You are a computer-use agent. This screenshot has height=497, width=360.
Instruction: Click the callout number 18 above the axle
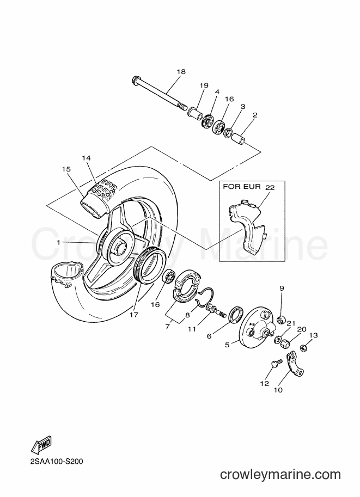181,72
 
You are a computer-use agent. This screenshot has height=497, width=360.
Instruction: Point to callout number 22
270,187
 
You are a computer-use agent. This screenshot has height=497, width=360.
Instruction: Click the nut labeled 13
304,348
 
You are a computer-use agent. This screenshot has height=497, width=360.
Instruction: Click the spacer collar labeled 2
240,139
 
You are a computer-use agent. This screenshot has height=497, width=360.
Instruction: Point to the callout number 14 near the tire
86,158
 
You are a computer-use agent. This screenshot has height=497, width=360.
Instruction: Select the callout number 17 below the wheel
134,315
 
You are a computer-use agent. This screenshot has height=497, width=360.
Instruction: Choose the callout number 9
282,288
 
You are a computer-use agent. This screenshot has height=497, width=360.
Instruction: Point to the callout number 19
204,85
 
